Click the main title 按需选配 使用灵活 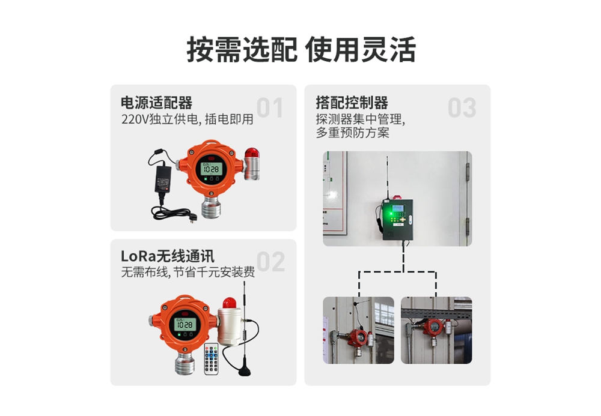coord(301,50)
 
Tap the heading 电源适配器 coord(156,103)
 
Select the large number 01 coord(270,107)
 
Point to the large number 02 coord(270,262)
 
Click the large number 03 coord(462,107)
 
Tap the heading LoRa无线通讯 coord(168,256)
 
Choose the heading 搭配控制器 coord(352,103)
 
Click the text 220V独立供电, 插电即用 coord(187,119)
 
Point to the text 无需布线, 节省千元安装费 coord(188,272)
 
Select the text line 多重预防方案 coord(353,133)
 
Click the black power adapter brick coord(163,179)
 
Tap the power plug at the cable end coord(193,218)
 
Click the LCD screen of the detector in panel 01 coord(210,169)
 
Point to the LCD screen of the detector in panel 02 coord(185,325)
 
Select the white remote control coord(211,358)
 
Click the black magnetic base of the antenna coord(244,371)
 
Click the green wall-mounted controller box coord(397,219)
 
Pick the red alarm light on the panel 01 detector coord(252,152)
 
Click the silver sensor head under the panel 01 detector coord(211,208)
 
